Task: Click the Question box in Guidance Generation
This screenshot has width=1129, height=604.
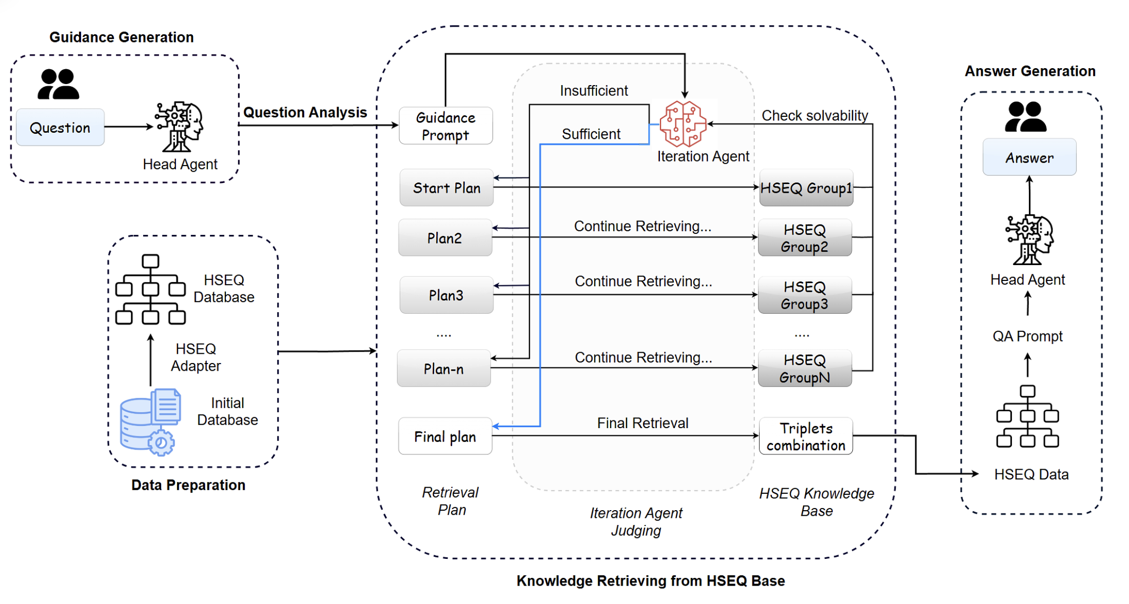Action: (x=60, y=127)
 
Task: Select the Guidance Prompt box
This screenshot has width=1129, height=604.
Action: (x=445, y=126)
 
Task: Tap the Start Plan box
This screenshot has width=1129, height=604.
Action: (x=446, y=188)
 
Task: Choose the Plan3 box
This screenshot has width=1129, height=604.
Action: (x=446, y=295)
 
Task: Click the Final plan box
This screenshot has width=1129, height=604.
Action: (x=445, y=436)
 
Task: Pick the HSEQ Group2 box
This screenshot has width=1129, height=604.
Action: (x=805, y=238)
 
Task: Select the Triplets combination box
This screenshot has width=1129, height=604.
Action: (x=806, y=436)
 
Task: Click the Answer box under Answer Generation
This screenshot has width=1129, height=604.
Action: (x=1029, y=157)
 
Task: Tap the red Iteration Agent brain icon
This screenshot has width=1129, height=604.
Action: (x=683, y=124)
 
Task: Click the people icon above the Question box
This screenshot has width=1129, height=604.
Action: (x=59, y=84)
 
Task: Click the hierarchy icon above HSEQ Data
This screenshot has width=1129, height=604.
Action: (x=1027, y=417)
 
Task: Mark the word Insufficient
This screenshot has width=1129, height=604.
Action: (x=594, y=91)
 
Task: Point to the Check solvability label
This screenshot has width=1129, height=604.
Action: (x=814, y=115)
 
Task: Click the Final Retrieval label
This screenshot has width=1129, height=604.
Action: (x=643, y=423)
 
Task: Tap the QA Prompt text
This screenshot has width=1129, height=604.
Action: (x=1027, y=336)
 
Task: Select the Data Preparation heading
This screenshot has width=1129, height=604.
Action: (x=188, y=485)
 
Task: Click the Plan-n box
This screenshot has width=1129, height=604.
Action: (x=444, y=369)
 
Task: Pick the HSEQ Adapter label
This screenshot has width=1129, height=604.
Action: (x=196, y=357)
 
